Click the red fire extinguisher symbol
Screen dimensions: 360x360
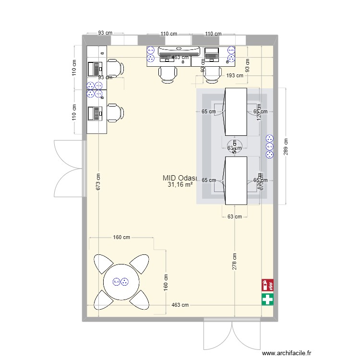tap(267, 285)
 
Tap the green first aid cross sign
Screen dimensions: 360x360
tap(267, 300)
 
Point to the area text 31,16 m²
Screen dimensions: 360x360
tap(180, 184)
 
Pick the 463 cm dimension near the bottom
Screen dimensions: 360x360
tap(181, 305)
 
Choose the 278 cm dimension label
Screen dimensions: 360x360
tap(234, 262)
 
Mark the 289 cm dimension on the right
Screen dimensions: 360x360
tap(286, 146)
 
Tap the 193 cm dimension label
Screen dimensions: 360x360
tap(234, 75)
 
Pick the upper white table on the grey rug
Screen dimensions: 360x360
tap(236, 111)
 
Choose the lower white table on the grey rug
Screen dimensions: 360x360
tap(236, 180)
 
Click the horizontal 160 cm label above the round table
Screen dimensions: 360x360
tap(121, 237)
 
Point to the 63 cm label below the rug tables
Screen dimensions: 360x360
tap(234, 216)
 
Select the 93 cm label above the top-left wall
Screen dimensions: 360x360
tap(105, 33)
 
